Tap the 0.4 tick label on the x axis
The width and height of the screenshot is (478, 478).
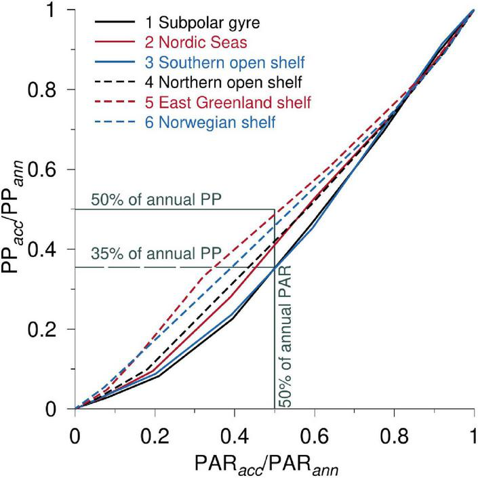tap(234, 431)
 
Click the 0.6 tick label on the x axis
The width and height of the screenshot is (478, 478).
tap(314, 431)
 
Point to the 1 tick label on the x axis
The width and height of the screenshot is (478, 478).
tap(473, 431)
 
